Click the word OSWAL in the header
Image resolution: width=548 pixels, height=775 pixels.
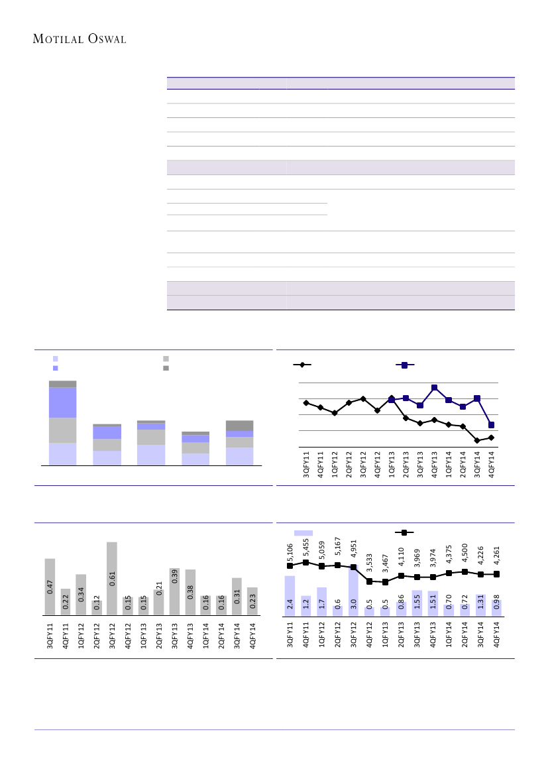pos(107,39)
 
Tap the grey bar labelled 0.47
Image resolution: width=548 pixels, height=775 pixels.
pos(50,586)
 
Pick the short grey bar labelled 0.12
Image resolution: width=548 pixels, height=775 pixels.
pos(97,608)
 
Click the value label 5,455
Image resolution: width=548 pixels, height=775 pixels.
pos(306,548)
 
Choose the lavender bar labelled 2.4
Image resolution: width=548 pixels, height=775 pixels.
pos(290,595)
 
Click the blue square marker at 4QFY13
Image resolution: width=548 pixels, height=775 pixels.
pos(434,387)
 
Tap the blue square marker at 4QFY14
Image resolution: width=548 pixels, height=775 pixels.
pos(491,425)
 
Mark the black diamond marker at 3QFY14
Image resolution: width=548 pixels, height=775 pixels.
pos(477,440)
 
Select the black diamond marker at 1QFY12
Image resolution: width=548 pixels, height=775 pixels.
pos(335,413)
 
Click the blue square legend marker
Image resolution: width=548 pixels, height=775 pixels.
pos(404,365)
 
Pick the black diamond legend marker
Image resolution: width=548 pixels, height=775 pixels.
pos(302,365)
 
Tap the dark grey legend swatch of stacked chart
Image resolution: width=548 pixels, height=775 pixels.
pos(166,367)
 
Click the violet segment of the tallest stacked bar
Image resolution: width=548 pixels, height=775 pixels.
pos(62,402)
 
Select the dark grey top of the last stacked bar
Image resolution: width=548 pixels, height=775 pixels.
pos(239,426)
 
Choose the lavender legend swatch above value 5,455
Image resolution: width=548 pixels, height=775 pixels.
pos(303,532)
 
